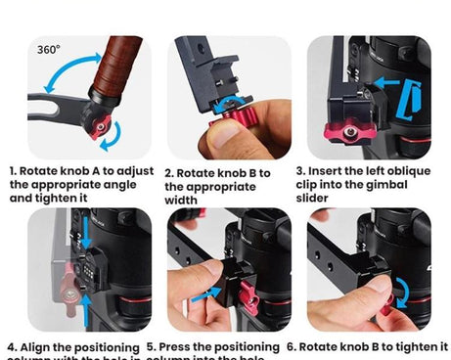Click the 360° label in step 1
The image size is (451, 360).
coord(48,49)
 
